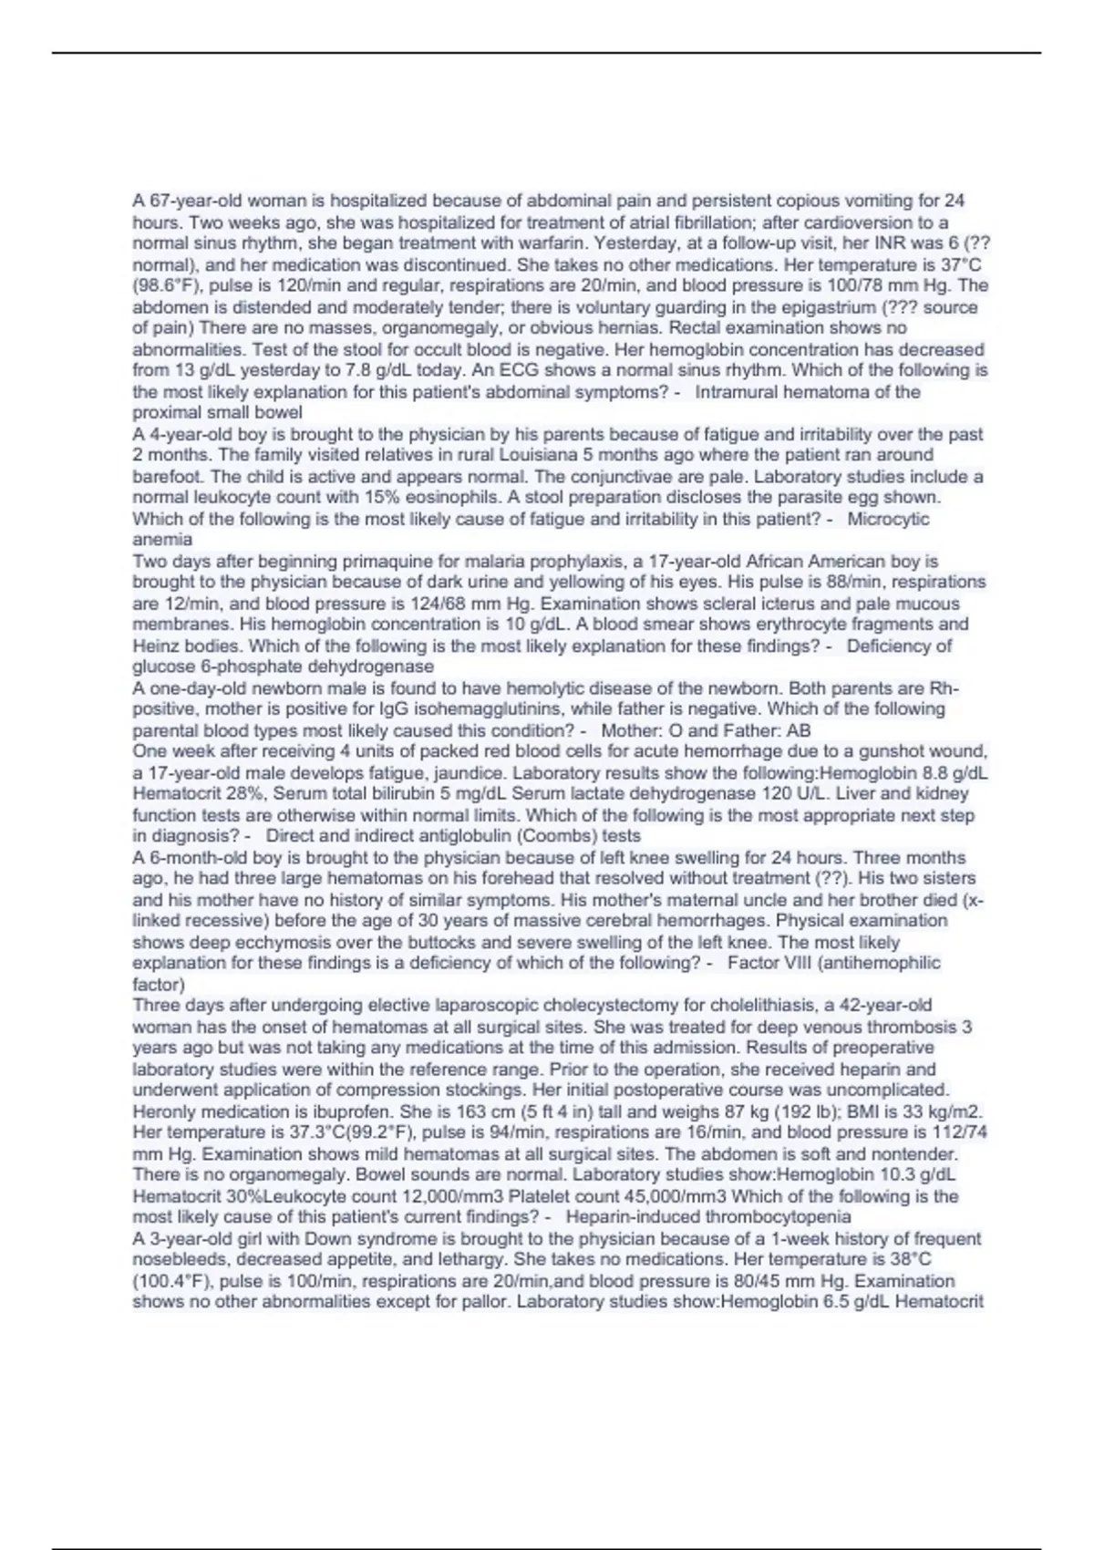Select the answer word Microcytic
888,519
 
